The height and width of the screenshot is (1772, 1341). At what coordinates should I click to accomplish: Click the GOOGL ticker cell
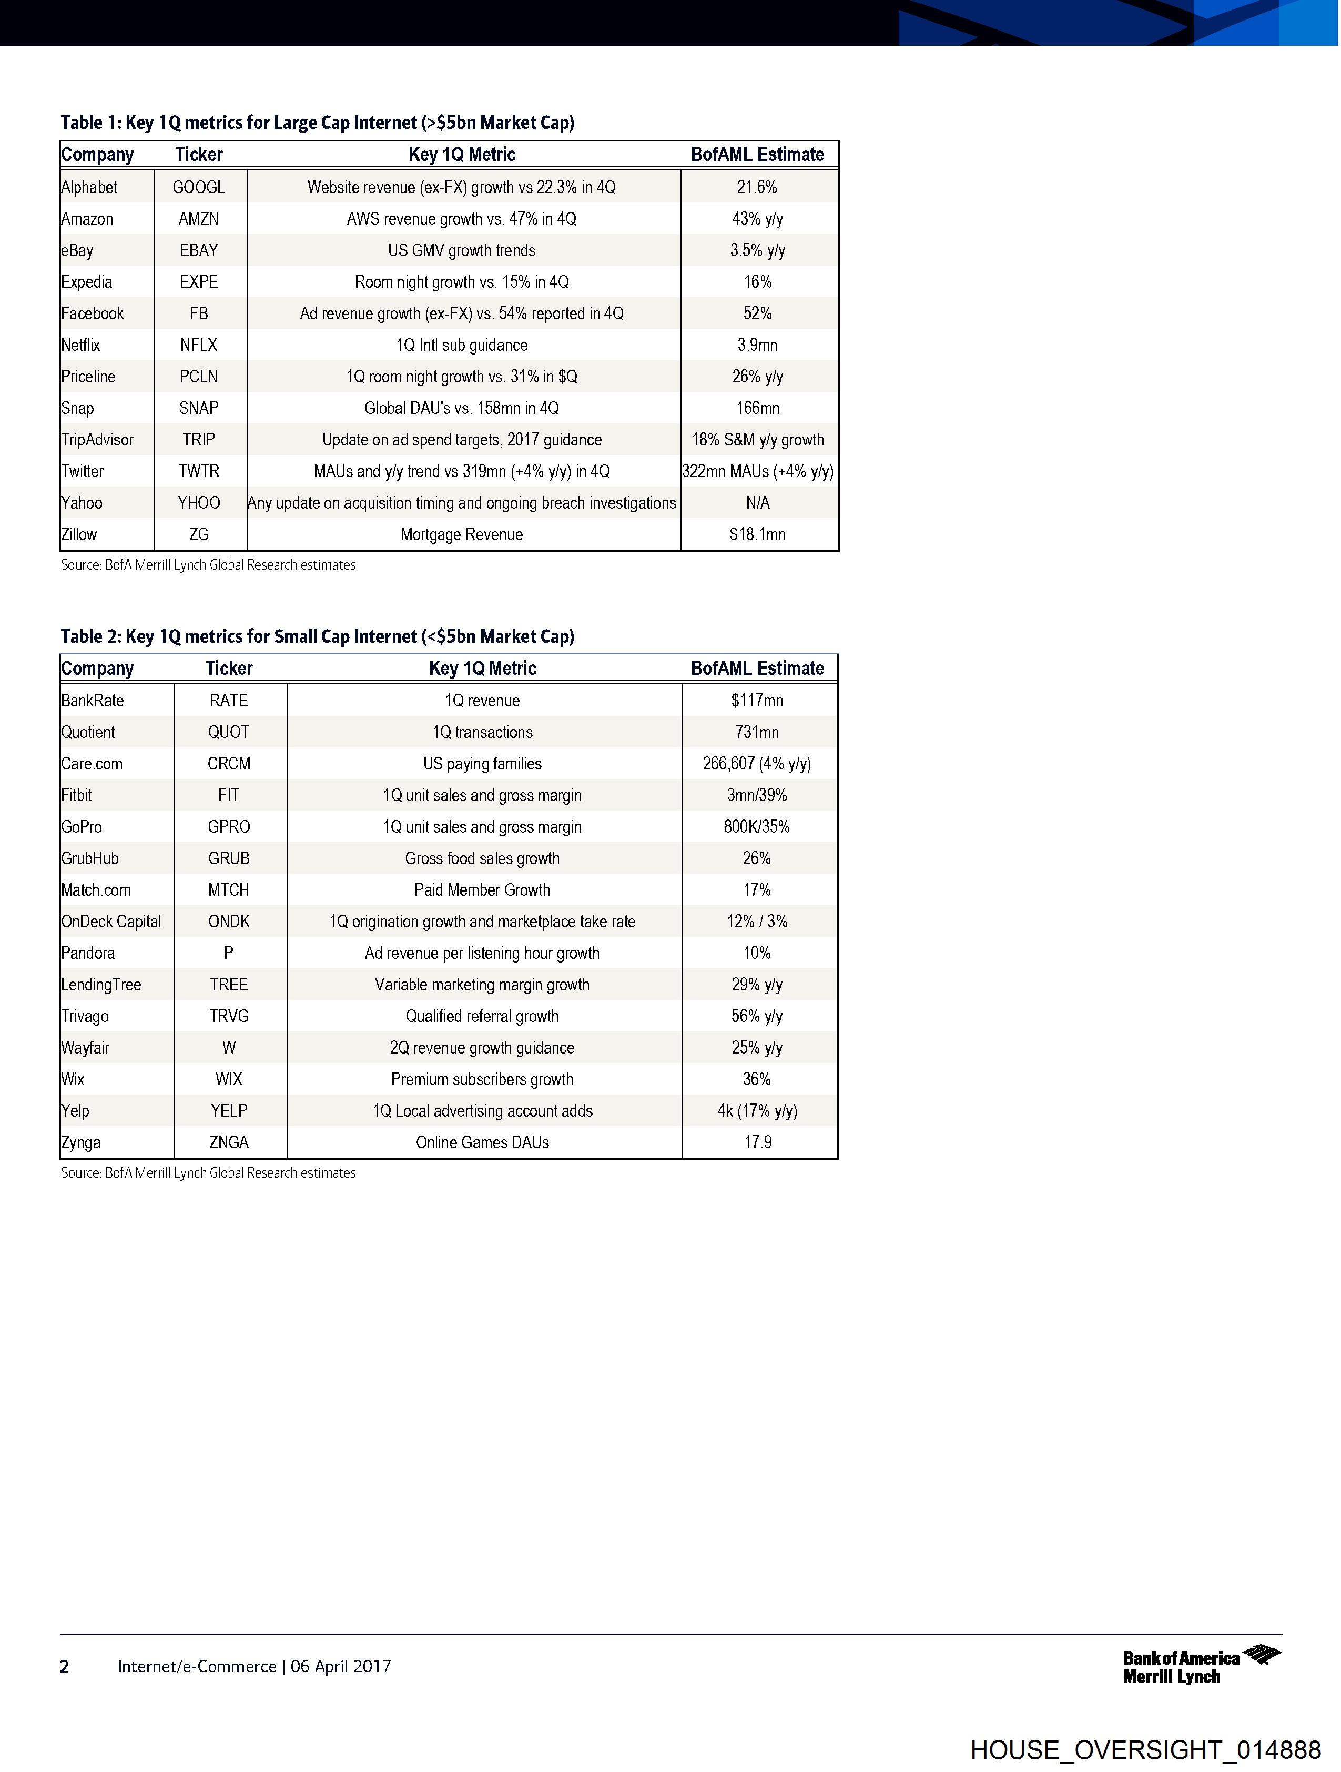(x=199, y=187)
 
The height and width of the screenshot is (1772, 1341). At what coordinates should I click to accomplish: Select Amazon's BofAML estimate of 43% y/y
(x=757, y=219)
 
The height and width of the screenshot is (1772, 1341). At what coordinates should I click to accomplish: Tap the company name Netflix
(x=81, y=345)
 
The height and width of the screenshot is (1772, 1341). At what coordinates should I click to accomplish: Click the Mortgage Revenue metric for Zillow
(x=461, y=534)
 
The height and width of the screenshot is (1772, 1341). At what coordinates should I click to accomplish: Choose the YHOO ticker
(x=199, y=503)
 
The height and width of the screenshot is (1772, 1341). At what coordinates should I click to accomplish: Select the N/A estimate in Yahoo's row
(x=757, y=503)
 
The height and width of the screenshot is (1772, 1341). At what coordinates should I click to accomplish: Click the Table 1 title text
(x=317, y=123)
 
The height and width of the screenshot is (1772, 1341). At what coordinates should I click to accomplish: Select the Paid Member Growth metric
(x=482, y=890)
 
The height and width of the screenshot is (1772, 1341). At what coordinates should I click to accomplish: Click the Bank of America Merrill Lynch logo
(x=1201, y=1666)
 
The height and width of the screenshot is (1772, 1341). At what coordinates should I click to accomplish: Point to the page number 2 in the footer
(x=65, y=1667)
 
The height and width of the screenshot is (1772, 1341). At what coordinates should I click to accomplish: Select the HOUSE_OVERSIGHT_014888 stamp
(x=1145, y=1749)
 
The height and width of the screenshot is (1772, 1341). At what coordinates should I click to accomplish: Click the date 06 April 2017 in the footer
(x=340, y=1666)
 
